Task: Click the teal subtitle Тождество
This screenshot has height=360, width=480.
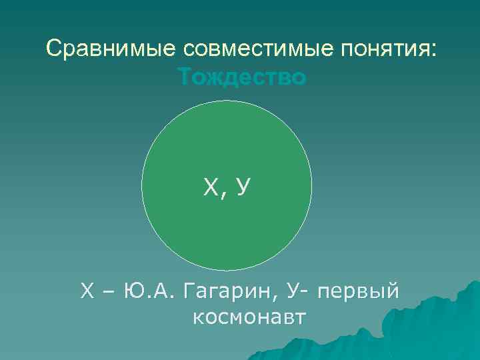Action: click(x=243, y=78)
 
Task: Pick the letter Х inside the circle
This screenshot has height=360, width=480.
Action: click(x=211, y=189)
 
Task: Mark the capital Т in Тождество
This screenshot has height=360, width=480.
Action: click(x=185, y=78)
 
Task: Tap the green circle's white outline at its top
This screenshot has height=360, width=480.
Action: click(x=227, y=101)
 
